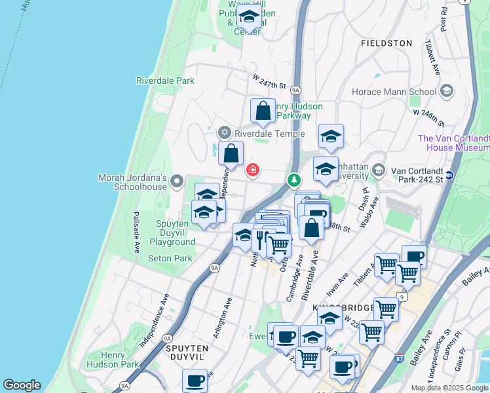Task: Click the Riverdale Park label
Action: (x=166, y=81)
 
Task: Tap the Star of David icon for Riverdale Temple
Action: (x=224, y=134)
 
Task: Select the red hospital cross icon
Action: (x=252, y=170)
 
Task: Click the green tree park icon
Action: (x=295, y=179)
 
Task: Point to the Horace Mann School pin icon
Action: (x=447, y=91)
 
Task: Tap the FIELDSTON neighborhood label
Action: (x=386, y=43)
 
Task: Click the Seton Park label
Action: (x=170, y=258)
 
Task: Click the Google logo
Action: (x=22, y=386)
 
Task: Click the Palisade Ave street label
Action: (x=138, y=232)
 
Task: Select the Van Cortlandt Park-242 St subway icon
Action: (x=449, y=175)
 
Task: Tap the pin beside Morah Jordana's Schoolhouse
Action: (x=176, y=181)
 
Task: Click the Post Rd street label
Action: (x=445, y=20)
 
